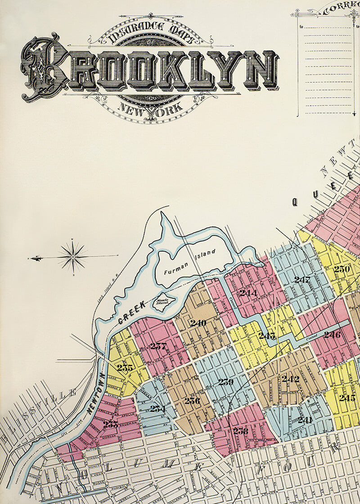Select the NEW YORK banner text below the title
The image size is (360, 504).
coord(150,108)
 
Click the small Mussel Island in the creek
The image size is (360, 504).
coord(161,302)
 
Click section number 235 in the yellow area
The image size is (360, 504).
coord(125,368)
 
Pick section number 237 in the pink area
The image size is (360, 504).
coord(158,346)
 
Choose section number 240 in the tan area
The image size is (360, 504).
coord(198,323)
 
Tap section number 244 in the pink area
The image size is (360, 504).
coord(248,293)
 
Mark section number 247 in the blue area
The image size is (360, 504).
coord(302,279)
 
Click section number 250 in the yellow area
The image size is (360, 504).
coord(342,269)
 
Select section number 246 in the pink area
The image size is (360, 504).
coord(332,335)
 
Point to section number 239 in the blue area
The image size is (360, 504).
coord(225,382)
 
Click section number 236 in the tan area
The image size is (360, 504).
coord(192,400)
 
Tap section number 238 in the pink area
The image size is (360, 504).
coord(240,431)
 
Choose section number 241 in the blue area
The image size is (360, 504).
coord(305,420)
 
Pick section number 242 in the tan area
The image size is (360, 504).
coord(290,379)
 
